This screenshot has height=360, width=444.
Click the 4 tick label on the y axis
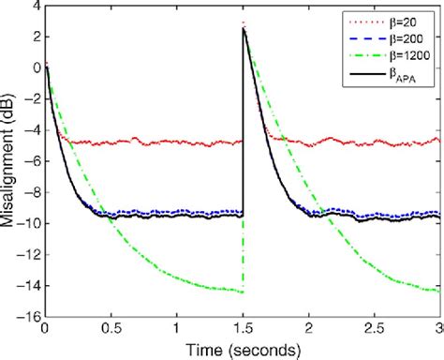click(34, 7)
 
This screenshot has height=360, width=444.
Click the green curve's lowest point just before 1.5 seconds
click(241, 292)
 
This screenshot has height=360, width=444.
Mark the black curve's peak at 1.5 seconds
click(244, 28)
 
